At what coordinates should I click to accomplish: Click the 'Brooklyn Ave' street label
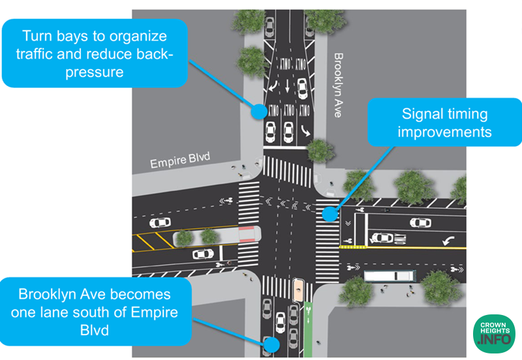[337, 85]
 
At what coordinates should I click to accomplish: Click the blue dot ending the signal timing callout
[330, 213]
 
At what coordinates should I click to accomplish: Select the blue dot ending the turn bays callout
[259, 110]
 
